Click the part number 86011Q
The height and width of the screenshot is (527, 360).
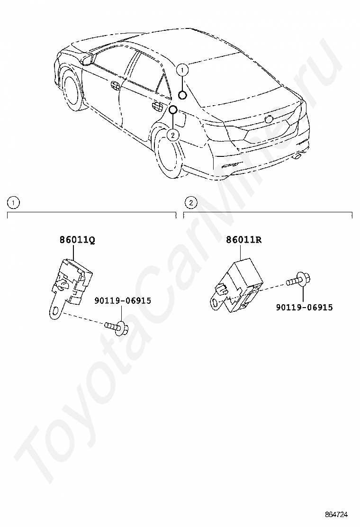point(77,240)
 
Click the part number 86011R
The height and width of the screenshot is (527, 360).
point(244,240)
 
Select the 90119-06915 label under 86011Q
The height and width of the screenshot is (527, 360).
point(122,300)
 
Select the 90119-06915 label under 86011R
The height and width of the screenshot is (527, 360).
point(304,307)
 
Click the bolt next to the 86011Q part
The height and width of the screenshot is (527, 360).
point(116,326)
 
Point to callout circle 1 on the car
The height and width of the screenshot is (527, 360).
point(182,69)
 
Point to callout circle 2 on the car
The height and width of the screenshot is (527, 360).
point(173,135)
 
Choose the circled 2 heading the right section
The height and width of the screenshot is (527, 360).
point(190,203)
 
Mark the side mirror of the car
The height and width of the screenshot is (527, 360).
point(87,59)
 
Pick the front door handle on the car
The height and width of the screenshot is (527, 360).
point(115,85)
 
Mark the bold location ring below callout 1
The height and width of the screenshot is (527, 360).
point(183,96)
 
